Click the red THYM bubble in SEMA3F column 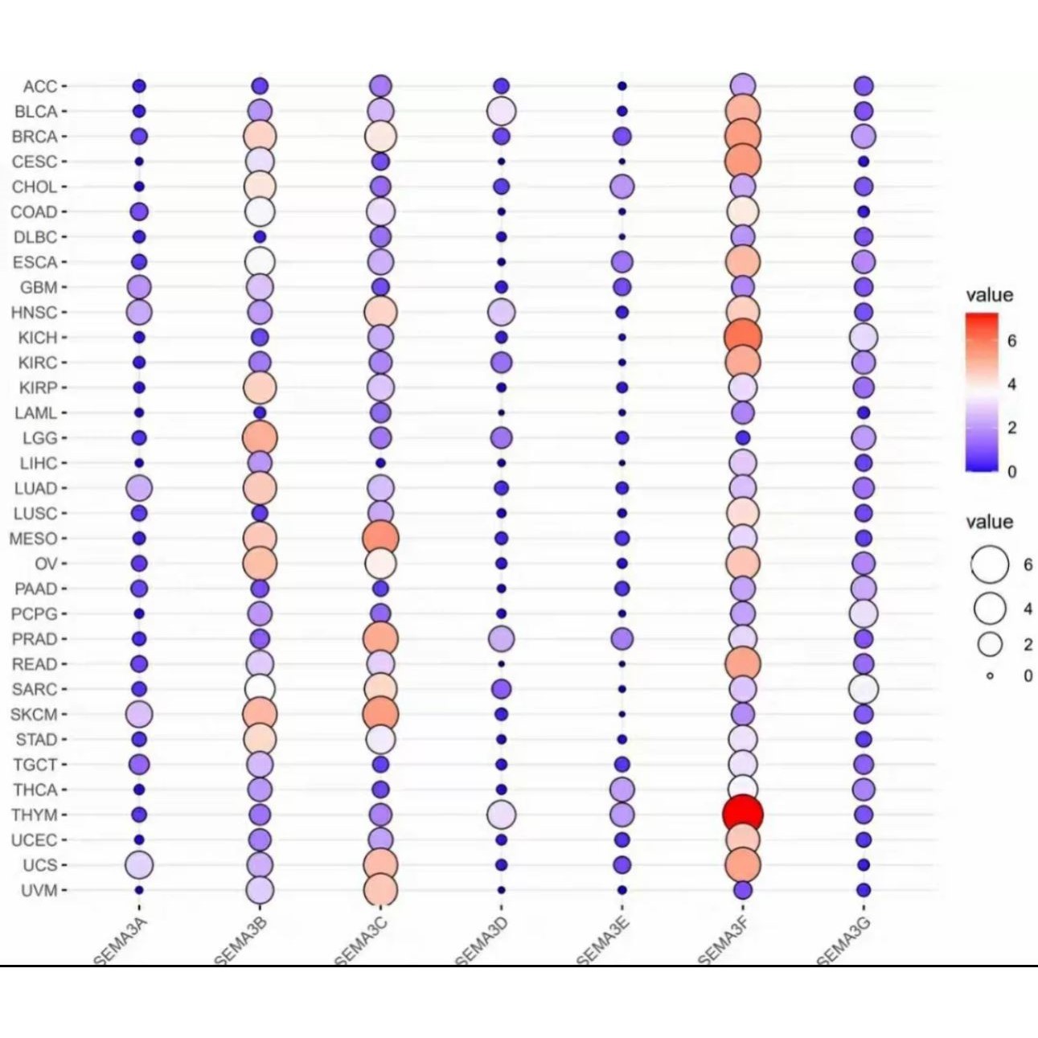pyautogui.click(x=742, y=814)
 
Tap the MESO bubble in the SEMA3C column pyautogui.click(x=380, y=538)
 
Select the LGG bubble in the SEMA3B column pyautogui.click(x=260, y=437)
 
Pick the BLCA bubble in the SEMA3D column pyautogui.click(x=501, y=111)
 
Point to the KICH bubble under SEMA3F pyautogui.click(x=742, y=337)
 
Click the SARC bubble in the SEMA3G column pyautogui.click(x=864, y=689)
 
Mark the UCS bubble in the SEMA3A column pyautogui.click(x=139, y=865)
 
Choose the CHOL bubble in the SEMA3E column pyautogui.click(x=622, y=187)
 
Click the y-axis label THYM pyautogui.click(x=35, y=814)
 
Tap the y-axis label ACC pyautogui.click(x=40, y=86)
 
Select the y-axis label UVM pyautogui.click(x=39, y=890)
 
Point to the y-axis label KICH pyautogui.click(x=38, y=338)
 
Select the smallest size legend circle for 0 pyautogui.click(x=990, y=676)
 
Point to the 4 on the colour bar pyautogui.click(x=1011, y=384)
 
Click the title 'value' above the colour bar pyautogui.click(x=989, y=295)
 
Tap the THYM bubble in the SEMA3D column pyautogui.click(x=501, y=814)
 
